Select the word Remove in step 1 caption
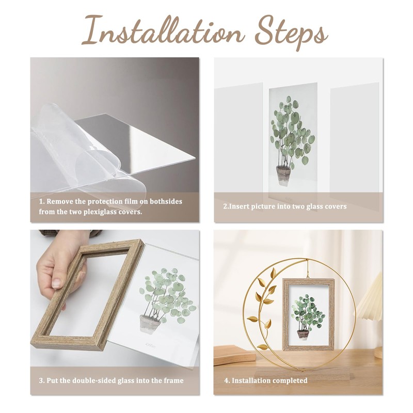click(x=61, y=201)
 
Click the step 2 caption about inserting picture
click(x=284, y=206)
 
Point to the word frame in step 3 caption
click(x=172, y=380)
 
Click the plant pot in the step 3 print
click(x=150, y=324)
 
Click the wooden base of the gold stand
click(x=289, y=373)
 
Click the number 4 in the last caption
click(x=226, y=380)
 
